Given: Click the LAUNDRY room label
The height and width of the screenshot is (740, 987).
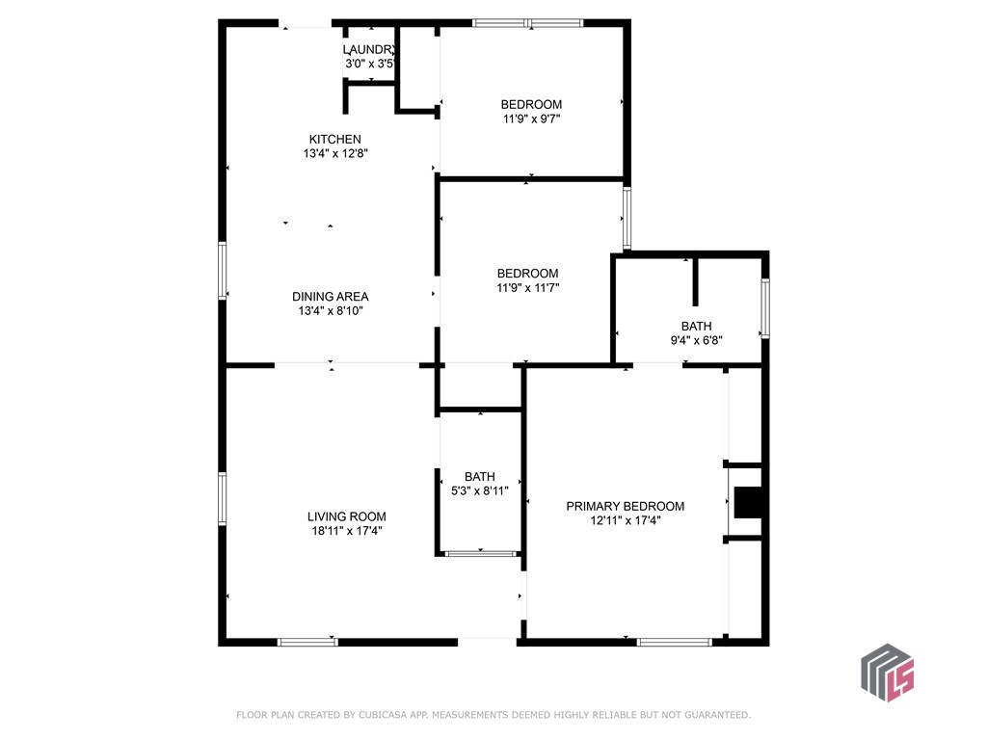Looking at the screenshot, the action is click(x=369, y=50).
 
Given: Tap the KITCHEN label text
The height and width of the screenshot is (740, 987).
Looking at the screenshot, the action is click(x=334, y=139).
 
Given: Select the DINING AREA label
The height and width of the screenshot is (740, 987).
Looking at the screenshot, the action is click(x=331, y=297).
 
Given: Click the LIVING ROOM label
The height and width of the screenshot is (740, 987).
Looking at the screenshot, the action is click(x=347, y=516).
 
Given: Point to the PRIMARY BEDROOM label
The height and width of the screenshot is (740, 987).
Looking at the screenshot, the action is click(x=625, y=506).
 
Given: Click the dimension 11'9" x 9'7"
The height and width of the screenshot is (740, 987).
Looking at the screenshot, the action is click(x=531, y=119).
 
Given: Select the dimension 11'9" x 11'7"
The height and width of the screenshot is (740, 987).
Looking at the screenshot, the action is click(x=528, y=287).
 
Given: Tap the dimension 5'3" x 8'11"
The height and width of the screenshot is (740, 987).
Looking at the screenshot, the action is click(x=480, y=490).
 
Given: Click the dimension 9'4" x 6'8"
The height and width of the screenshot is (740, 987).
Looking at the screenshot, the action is click(x=696, y=340).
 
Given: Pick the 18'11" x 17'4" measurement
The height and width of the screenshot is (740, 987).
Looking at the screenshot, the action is click(x=347, y=531).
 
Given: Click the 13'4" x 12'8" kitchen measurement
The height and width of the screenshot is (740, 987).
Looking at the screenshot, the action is click(x=335, y=153).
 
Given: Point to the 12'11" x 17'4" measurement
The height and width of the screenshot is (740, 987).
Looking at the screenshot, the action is click(x=625, y=520).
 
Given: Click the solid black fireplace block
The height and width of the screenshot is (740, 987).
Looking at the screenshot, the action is click(x=748, y=502).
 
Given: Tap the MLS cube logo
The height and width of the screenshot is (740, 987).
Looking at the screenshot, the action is click(x=888, y=673).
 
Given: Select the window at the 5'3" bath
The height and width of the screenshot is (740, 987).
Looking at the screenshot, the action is click(x=481, y=554).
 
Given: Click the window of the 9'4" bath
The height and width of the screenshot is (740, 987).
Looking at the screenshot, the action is click(x=765, y=308).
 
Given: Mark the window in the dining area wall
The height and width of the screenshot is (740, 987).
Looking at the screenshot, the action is click(x=223, y=271).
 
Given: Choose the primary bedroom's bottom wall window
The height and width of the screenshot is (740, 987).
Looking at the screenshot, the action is click(x=674, y=643).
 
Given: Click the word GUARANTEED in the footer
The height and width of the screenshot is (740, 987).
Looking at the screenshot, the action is click(x=717, y=715).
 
